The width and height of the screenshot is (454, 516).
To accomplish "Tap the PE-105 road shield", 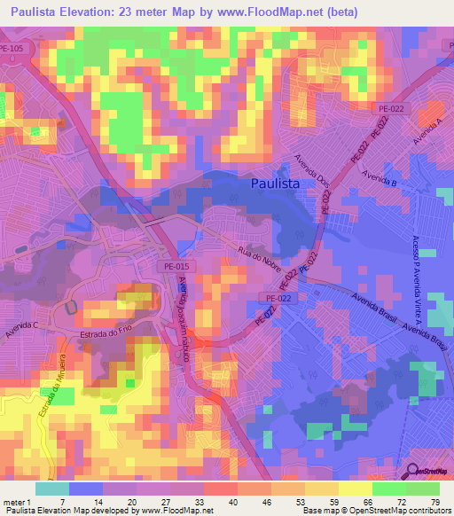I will tap(12, 50).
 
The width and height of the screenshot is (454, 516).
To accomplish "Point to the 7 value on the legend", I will tap(63, 501).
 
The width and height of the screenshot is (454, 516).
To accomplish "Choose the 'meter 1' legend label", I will tap(16, 501).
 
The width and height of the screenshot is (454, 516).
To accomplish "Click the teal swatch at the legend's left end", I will tap(51, 489).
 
